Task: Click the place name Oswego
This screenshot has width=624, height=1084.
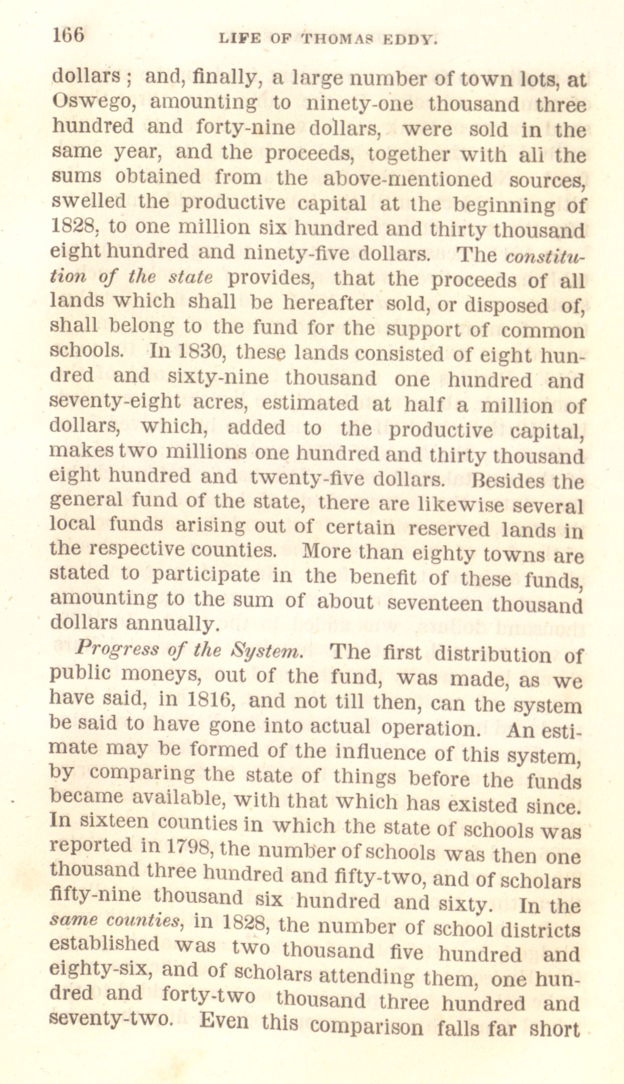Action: [92, 103]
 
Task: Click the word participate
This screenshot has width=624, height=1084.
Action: [206, 575]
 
